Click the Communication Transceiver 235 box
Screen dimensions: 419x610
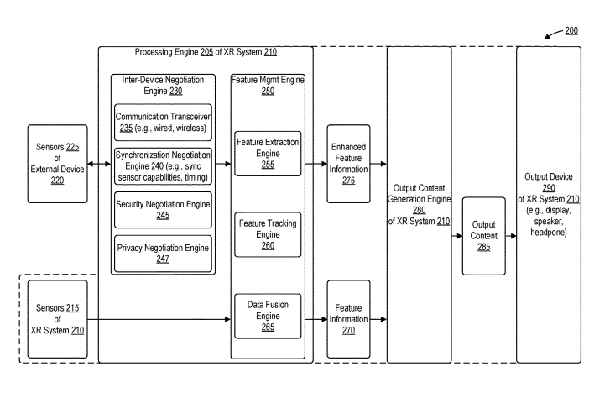[163, 122]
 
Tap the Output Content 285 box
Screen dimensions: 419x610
[483, 236]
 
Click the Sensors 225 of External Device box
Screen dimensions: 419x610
[57, 164]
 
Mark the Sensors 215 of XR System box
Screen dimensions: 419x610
[57, 319]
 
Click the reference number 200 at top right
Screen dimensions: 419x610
[571, 30]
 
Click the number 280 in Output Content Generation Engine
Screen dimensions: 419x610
[419, 210]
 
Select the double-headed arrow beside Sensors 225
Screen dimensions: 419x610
[97, 164]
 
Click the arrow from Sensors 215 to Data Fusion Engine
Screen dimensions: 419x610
[159, 319]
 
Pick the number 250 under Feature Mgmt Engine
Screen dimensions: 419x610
[267, 90]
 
